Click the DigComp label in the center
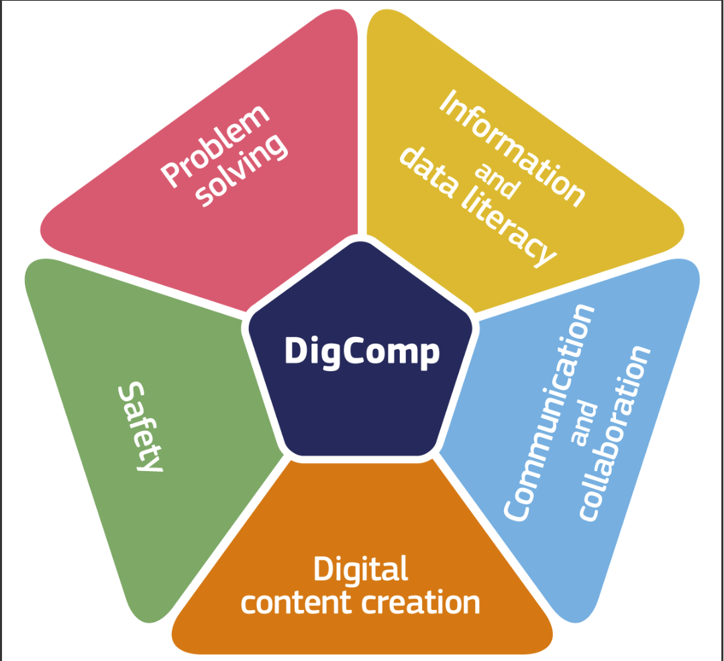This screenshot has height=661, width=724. [362, 352]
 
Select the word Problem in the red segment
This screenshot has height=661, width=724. [214, 146]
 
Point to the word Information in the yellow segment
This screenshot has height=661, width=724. [512, 148]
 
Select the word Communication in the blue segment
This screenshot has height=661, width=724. [548, 413]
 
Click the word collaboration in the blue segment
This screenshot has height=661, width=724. [614, 434]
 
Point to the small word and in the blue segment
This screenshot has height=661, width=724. [584, 423]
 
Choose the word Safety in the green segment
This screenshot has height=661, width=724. [140, 426]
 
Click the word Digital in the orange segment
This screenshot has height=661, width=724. [360, 569]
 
